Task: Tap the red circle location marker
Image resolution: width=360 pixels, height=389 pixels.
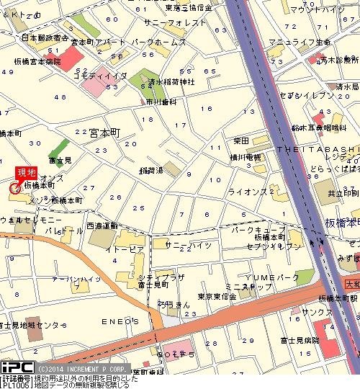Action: pos(14,189)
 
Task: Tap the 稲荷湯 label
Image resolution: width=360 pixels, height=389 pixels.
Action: pos(150,171)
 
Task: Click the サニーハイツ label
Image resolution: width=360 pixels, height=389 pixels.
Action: pos(188,245)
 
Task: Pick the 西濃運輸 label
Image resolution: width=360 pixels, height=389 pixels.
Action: pos(102,225)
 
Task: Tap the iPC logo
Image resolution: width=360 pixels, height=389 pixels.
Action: pos(14,367)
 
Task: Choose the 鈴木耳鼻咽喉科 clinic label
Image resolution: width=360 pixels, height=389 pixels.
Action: pos(321,128)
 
